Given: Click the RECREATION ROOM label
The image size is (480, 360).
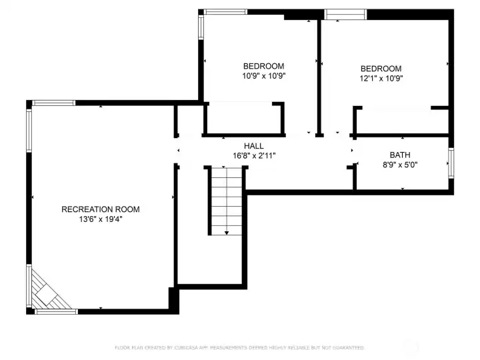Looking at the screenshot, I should point(100,209).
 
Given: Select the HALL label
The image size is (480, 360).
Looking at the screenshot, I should point(253,146).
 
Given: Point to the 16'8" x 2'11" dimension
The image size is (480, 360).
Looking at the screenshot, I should point(253,155).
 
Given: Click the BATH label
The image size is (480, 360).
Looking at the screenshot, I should point(401,155).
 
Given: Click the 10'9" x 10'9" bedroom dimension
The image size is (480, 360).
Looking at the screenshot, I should point(263,76).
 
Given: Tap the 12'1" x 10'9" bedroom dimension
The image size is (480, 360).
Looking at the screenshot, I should point(381,78).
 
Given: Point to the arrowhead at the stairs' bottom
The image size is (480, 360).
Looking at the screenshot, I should point(227,232).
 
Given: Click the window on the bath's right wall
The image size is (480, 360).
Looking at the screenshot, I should point(451,164).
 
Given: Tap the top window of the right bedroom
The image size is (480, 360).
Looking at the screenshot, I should point(345,13).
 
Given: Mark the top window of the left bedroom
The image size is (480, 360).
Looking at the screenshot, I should point(225,12).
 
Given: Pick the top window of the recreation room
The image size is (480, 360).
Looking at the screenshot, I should point(54,103).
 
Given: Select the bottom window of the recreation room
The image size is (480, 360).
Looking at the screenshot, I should point(55,311).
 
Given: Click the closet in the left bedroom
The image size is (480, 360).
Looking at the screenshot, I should point(243,119).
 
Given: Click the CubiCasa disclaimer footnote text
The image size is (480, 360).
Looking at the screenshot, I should point(240,347).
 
